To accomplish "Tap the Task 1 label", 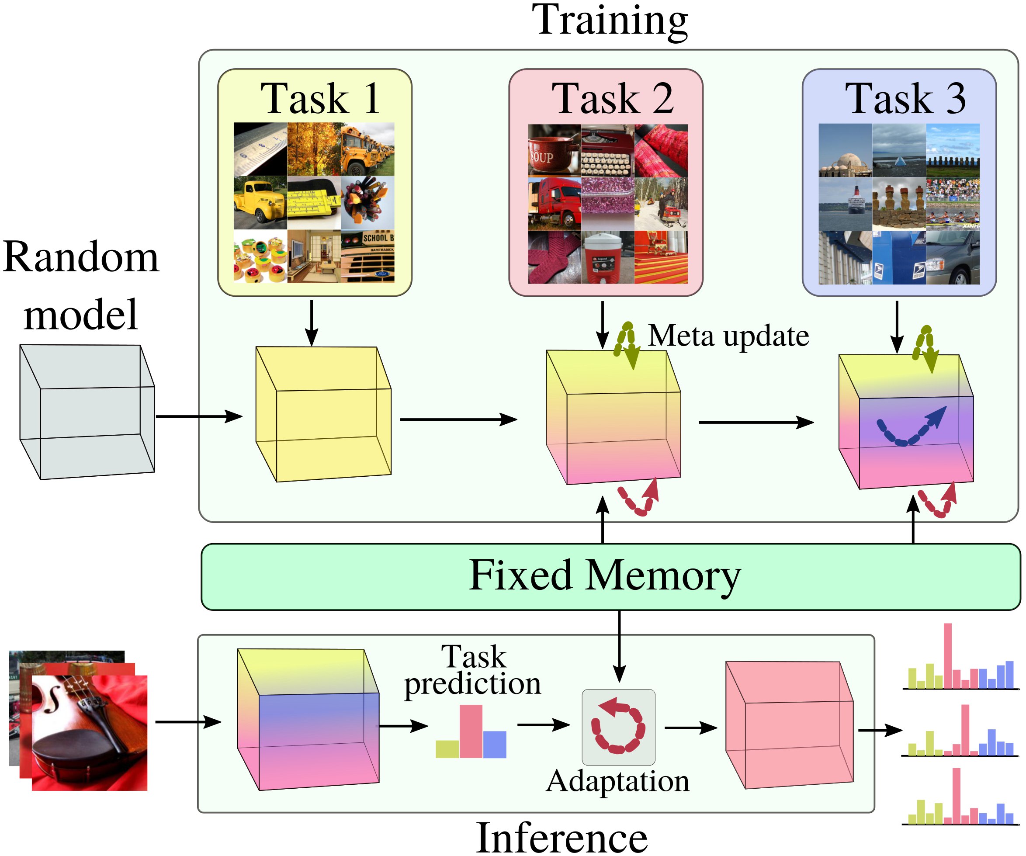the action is click(x=320, y=99).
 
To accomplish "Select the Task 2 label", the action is click(x=613, y=99).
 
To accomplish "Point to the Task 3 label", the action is click(x=905, y=99).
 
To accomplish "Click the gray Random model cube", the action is click(x=87, y=412).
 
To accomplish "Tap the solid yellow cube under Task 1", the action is click(x=323, y=414).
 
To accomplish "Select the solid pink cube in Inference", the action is click(x=789, y=725).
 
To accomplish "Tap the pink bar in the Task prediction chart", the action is click(x=471, y=731).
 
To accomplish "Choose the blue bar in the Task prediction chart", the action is click(x=495, y=744).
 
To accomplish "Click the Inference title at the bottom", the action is click(x=562, y=837).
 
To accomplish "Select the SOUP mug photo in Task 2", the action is click(x=554, y=150).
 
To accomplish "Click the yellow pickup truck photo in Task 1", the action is click(x=260, y=203).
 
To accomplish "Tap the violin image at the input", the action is click(x=90, y=733).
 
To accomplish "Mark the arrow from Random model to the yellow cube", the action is click(x=199, y=417).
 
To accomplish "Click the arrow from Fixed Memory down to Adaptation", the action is click(x=619, y=646).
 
